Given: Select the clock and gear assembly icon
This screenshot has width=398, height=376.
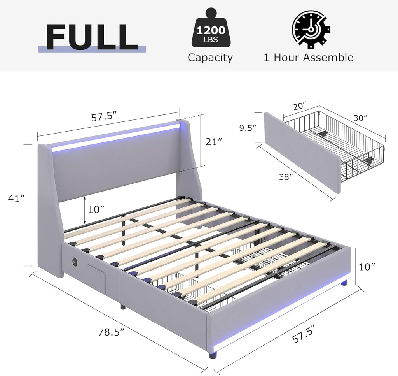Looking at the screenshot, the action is click(311, 29).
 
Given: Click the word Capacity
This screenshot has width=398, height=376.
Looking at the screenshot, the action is click(210, 58).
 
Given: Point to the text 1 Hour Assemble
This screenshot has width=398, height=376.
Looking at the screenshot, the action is click(308, 58).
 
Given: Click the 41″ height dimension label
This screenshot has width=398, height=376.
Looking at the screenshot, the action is click(17, 198).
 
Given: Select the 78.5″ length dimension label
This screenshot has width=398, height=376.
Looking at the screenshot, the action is click(112, 332).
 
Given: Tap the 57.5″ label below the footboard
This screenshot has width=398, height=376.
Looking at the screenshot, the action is click(304, 334).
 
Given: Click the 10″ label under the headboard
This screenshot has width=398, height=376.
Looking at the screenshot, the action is click(96, 209).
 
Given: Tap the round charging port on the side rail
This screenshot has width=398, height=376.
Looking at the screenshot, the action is click(75, 260).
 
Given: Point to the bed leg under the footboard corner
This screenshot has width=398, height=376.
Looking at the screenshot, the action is click(213, 354).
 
